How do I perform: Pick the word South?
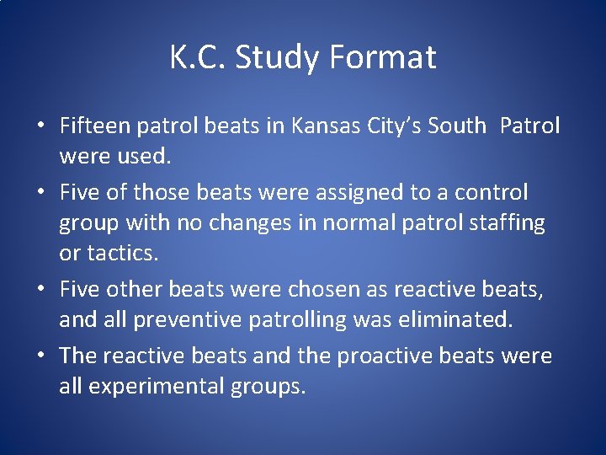point(456,126)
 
